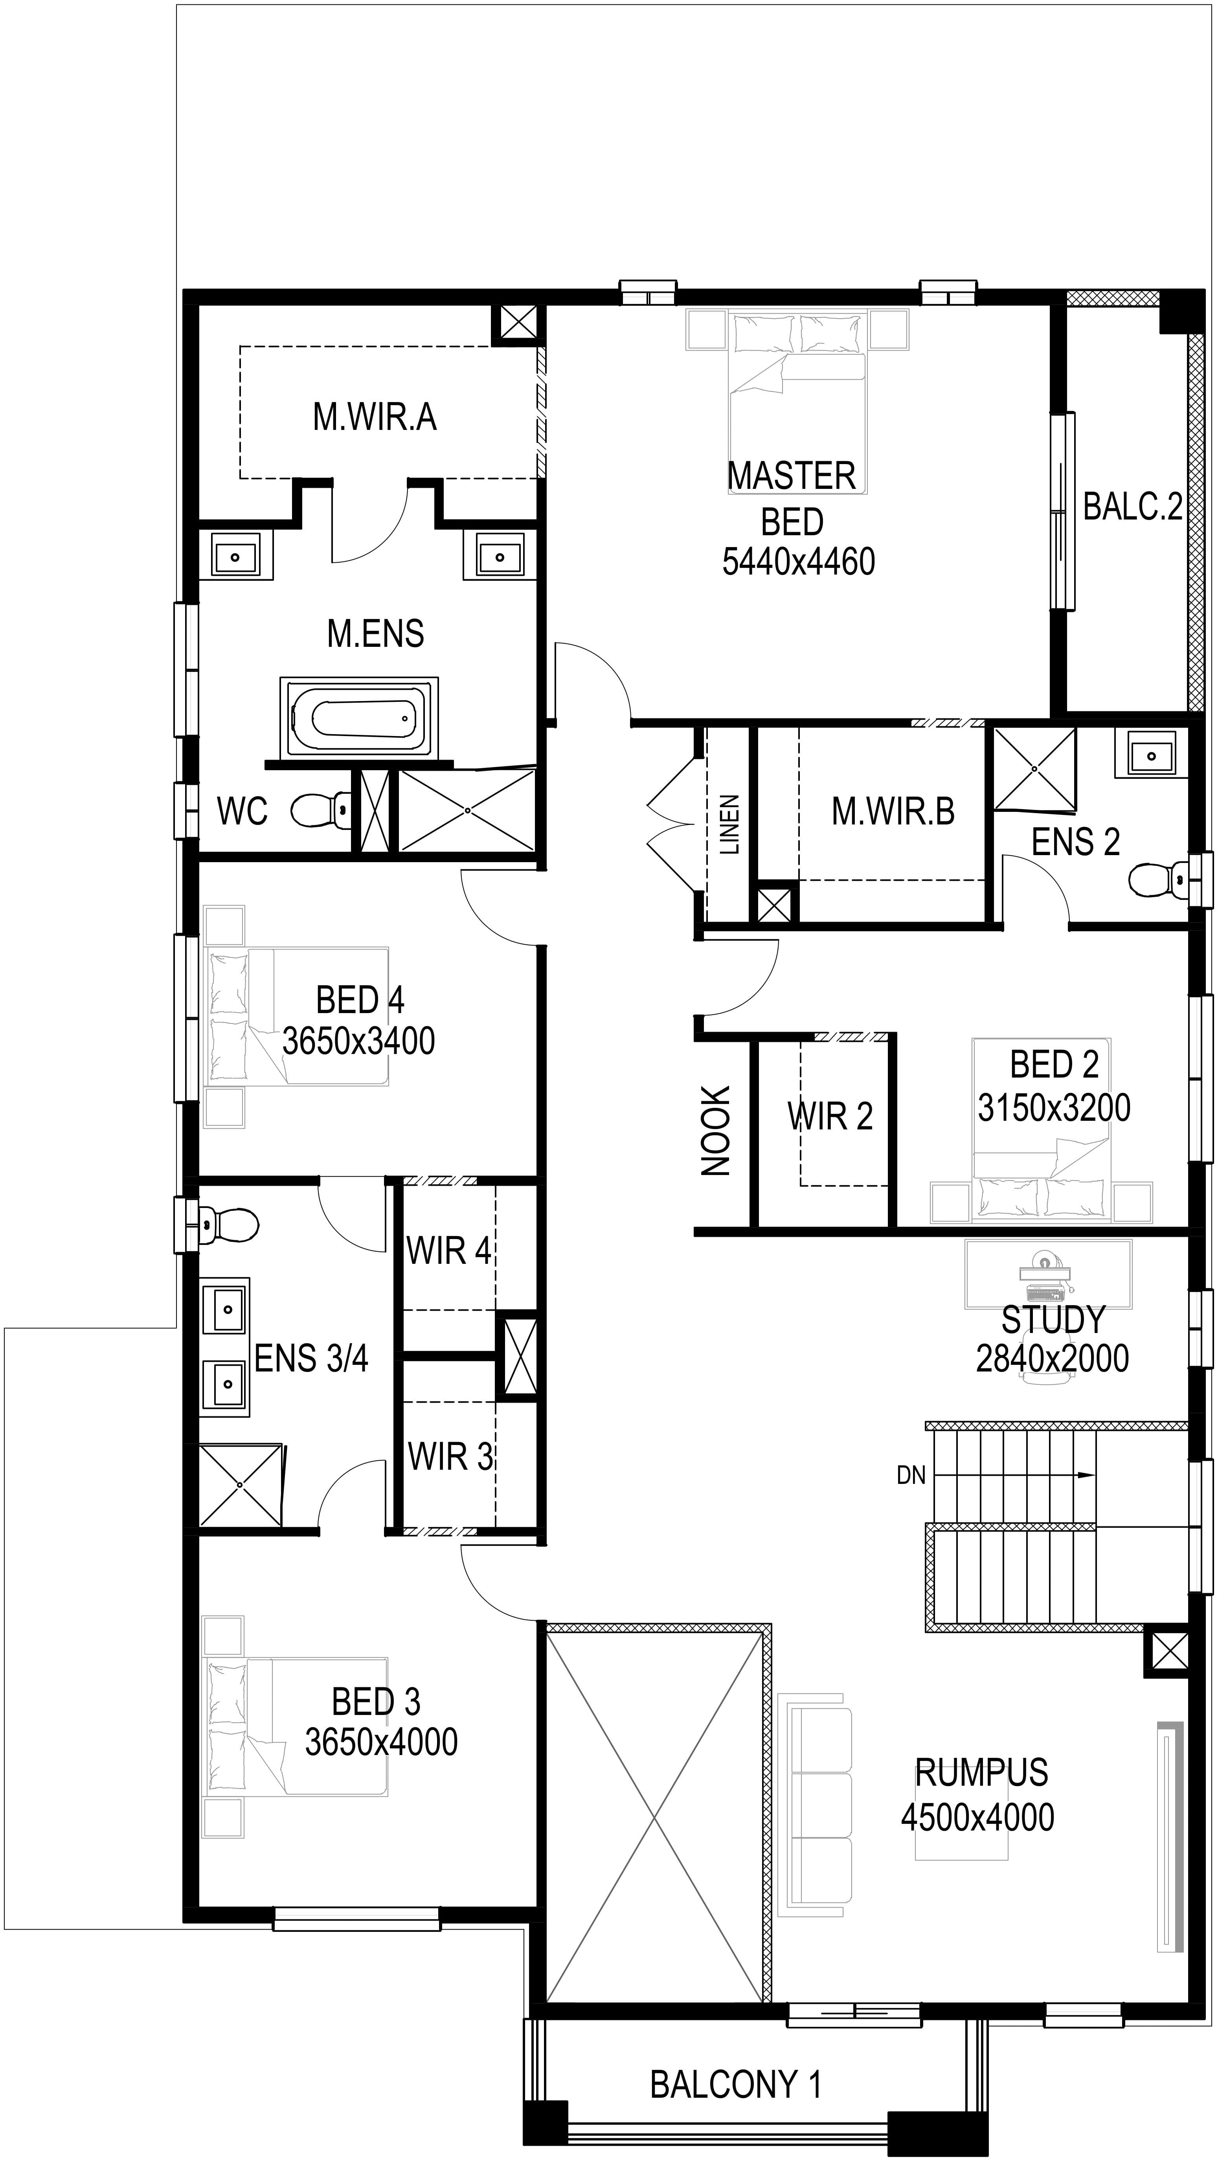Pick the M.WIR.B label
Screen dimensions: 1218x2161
[x=893, y=811]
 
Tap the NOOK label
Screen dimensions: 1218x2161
[x=716, y=1131]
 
